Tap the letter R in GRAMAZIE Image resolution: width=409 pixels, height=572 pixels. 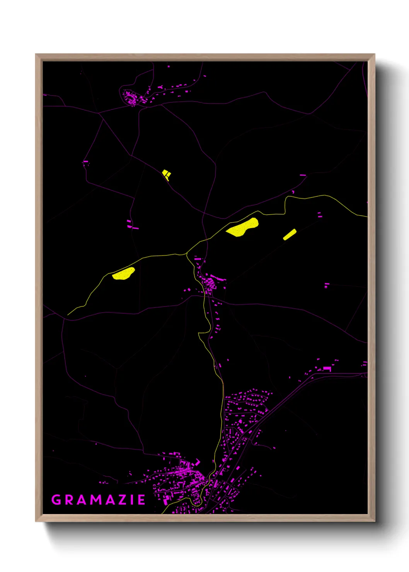tap(70, 500)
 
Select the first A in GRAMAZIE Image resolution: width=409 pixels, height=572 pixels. tap(83, 500)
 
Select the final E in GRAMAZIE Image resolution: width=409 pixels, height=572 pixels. tap(141, 500)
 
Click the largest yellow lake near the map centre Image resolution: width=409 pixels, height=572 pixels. tap(242, 227)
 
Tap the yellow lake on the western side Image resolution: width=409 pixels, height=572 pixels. tap(123, 273)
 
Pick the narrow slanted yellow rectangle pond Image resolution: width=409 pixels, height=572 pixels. tap(290, 235)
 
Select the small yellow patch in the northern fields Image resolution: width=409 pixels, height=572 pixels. tap(166, 174)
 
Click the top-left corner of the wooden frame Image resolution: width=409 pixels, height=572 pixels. tap(36, 54)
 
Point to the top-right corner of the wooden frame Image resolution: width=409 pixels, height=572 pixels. tap(374, 54)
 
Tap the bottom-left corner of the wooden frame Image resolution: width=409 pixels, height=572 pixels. tap(36, 521)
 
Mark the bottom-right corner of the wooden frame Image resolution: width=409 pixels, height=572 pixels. tap(374, 521)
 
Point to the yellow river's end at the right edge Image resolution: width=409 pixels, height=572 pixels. tap(366, 216)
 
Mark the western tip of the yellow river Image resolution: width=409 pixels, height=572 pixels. tap(68, 315)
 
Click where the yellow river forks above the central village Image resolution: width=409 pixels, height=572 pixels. tap(187, 254)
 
